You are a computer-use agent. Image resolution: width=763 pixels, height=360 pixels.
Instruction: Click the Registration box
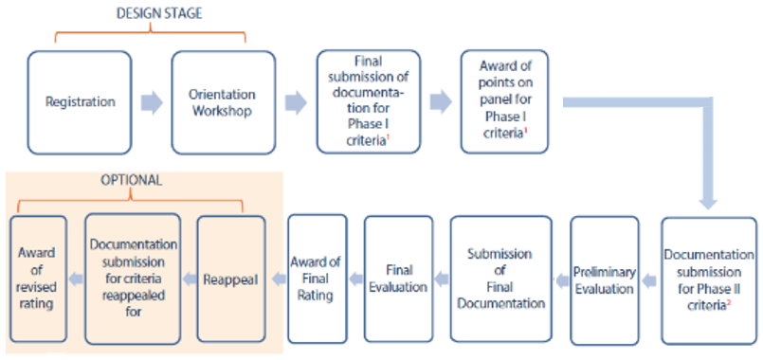[x=80, y=101]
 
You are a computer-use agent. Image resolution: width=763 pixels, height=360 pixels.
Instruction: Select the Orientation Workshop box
[x=223, y=101]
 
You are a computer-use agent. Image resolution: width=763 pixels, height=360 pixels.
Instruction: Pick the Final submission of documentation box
[x=365, y=101]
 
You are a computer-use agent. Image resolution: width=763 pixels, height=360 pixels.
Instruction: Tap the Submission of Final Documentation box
[x=500, y=279]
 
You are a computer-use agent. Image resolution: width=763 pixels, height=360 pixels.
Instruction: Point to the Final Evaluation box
[x=398, y=279]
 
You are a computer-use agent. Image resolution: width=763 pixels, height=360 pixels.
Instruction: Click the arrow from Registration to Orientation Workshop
[x=151, y=102]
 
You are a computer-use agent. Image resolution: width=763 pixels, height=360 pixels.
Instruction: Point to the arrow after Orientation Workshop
[x=296, y=102]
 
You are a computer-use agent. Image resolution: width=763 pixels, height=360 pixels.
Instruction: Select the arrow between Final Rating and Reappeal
[x=278, y=279]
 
